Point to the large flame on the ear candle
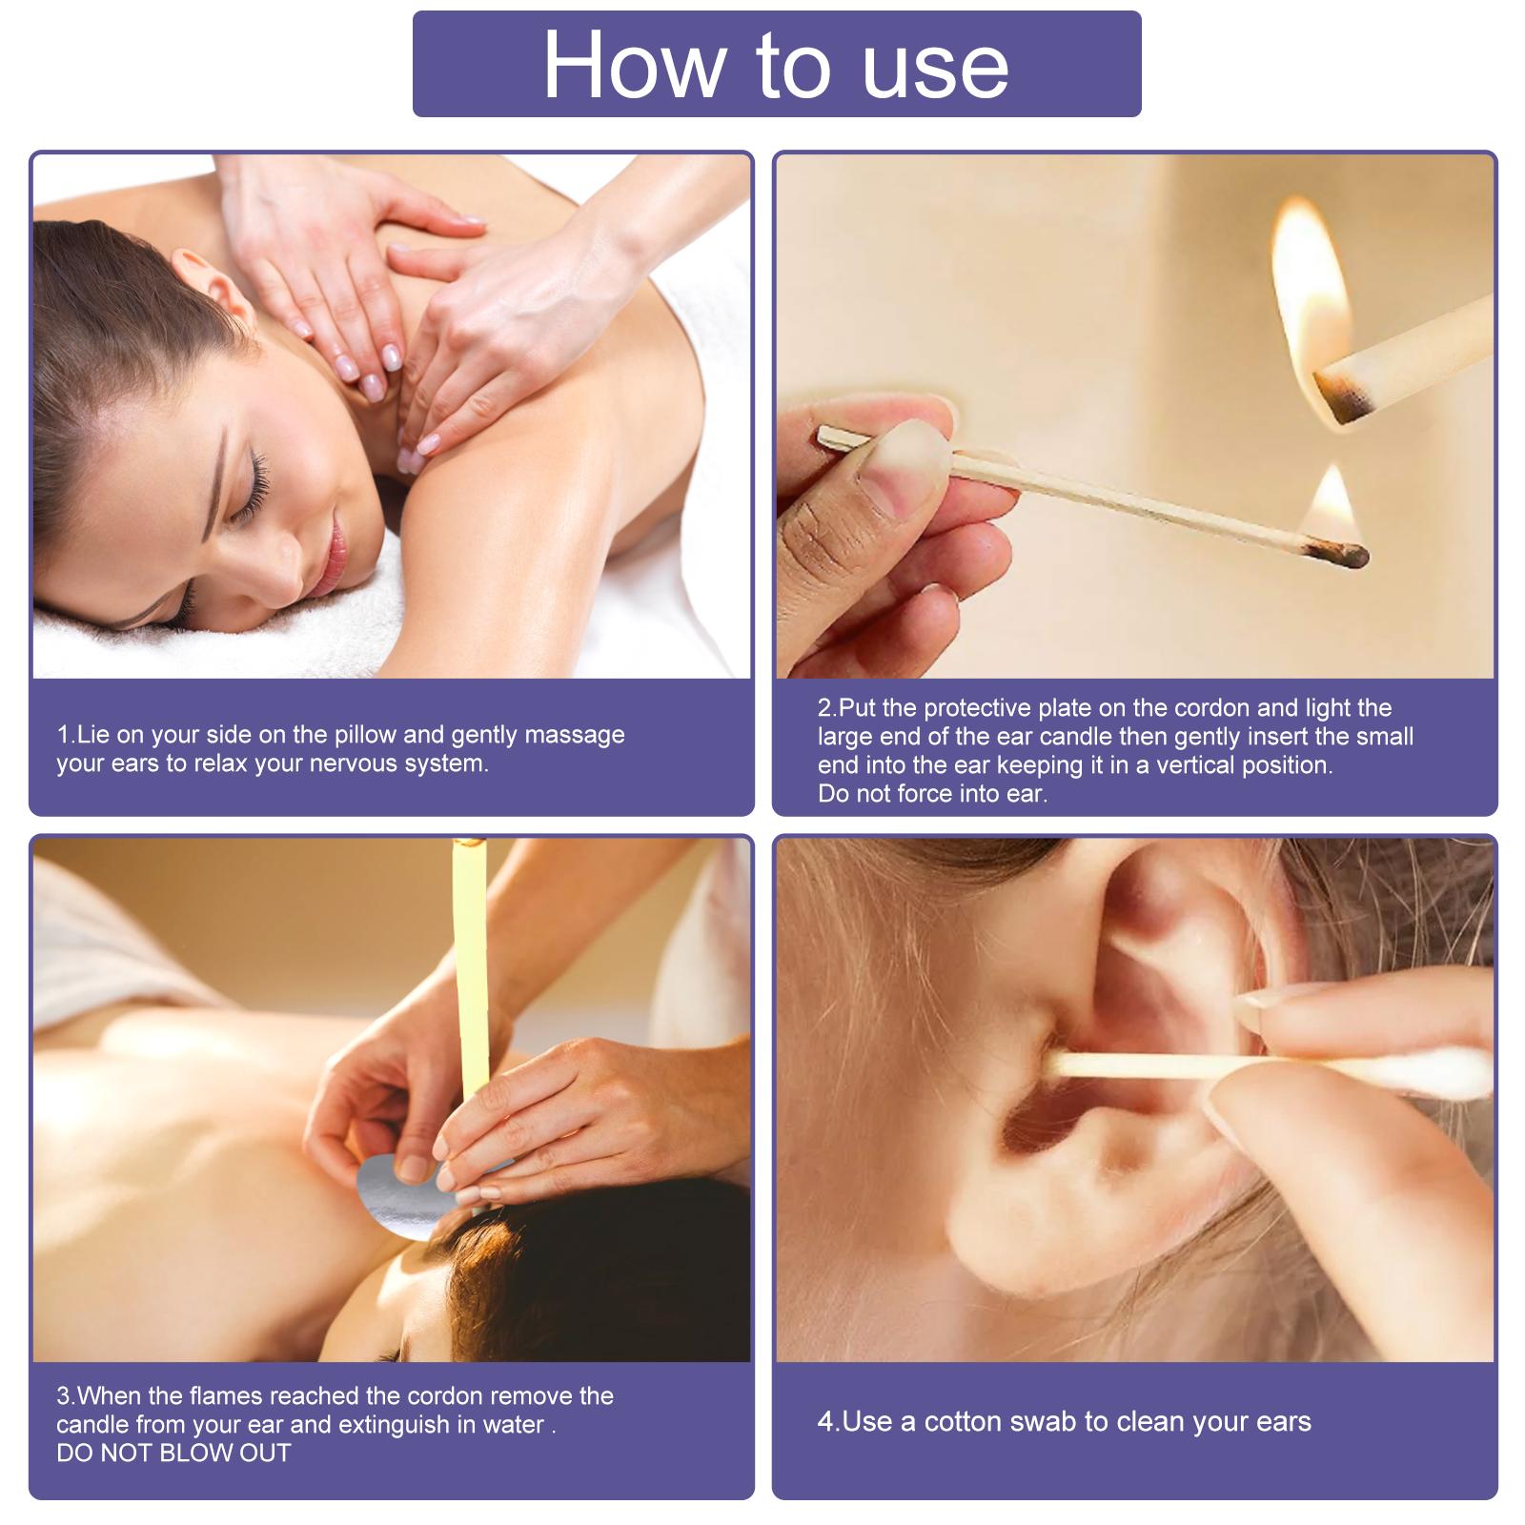(1310, 286)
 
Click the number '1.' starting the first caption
(65, 735)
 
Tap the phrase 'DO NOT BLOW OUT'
(173, 1453)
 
